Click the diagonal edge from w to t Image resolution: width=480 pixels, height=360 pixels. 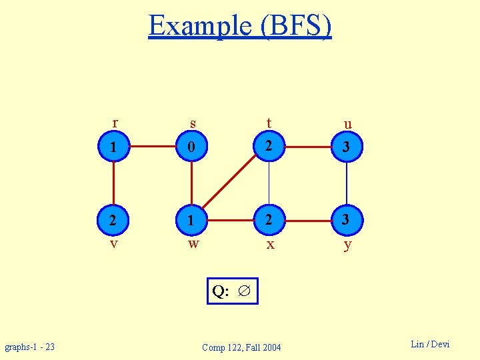tap(230, 183)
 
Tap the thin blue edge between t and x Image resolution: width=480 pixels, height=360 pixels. tap(269, 183)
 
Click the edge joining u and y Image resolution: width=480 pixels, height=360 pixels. tap(347, 183)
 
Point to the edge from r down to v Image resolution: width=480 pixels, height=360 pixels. tap(114, 183)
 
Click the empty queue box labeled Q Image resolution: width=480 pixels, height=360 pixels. tap(232, 291)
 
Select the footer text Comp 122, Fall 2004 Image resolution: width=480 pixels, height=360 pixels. tap(241, 347)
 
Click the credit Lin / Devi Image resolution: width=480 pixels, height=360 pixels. tap(430, 344)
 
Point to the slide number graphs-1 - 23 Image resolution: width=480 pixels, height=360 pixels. tap(30, 347)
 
